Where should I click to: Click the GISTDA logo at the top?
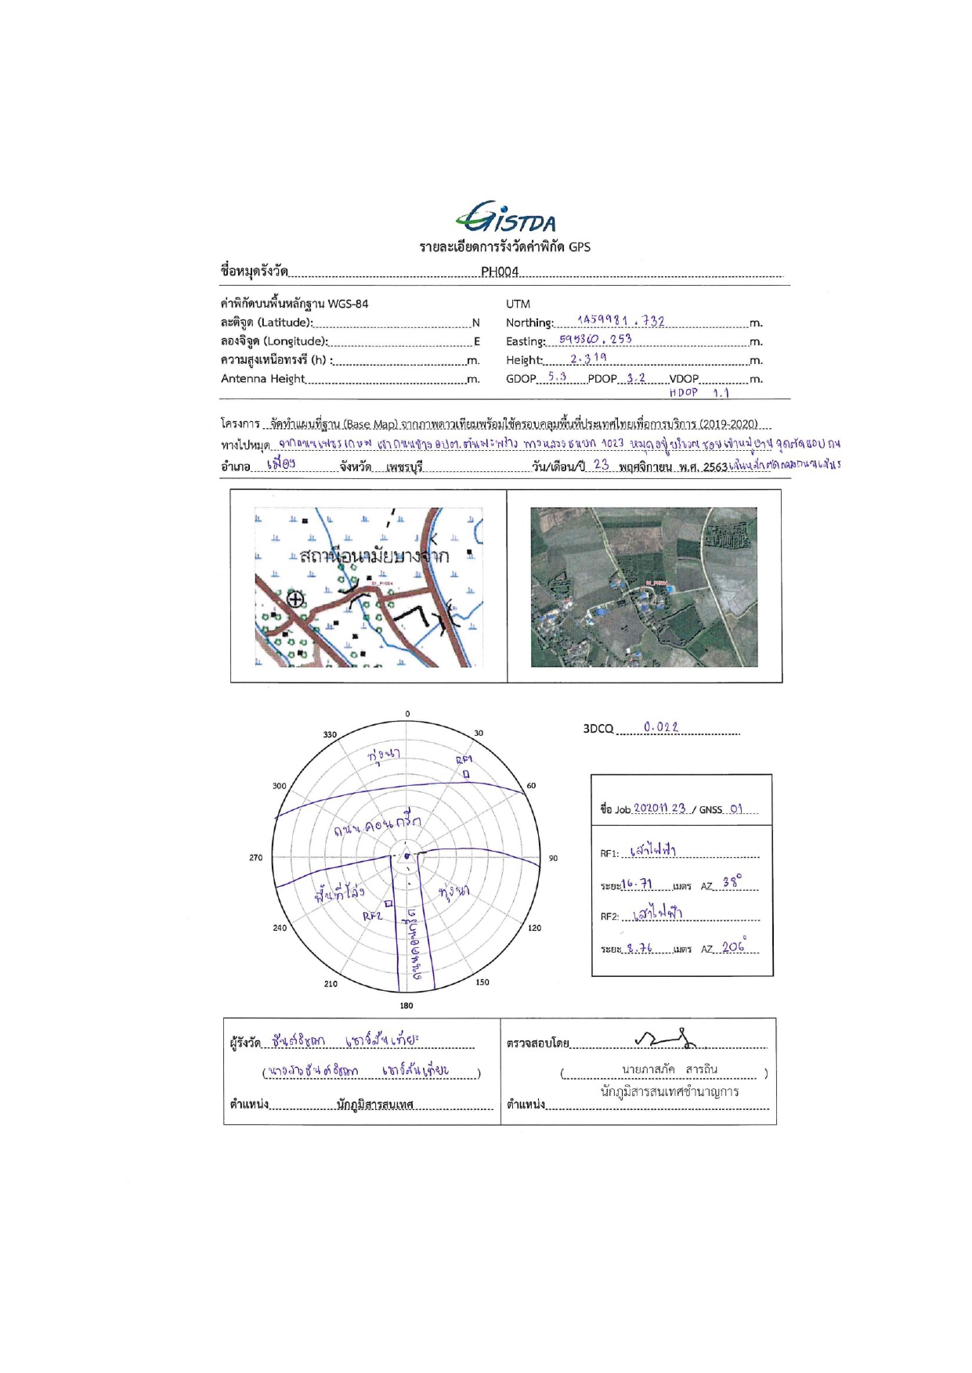tap(505, 218)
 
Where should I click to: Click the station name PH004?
tap(499, 272)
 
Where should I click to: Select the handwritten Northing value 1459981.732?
tap(620, 320)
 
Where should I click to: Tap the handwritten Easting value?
tap(595, 339)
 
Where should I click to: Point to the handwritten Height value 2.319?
tap(588, 358)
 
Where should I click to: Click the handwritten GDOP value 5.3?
tap(557, 377)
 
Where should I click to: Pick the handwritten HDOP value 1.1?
tap(721, 393)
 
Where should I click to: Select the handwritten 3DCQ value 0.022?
tap(660, 727)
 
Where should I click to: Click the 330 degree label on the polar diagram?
tap(330, 734)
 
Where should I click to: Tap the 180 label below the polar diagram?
tap(407, 1006)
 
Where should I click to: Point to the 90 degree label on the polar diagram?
tap(553, 858)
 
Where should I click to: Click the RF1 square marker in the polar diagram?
tap(466, 774)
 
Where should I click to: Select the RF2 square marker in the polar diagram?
tap(388, 903)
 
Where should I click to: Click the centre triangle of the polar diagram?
tap(407, 856)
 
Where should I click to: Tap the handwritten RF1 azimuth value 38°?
tap(732, 882)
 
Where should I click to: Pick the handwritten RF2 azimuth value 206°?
tap(734, 946)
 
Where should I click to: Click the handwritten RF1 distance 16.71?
tap(637, 884)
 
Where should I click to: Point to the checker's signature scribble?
tap(666, 1039)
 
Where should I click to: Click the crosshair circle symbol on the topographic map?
tap(295, 600)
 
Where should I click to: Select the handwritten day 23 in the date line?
tap(601, 464)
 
